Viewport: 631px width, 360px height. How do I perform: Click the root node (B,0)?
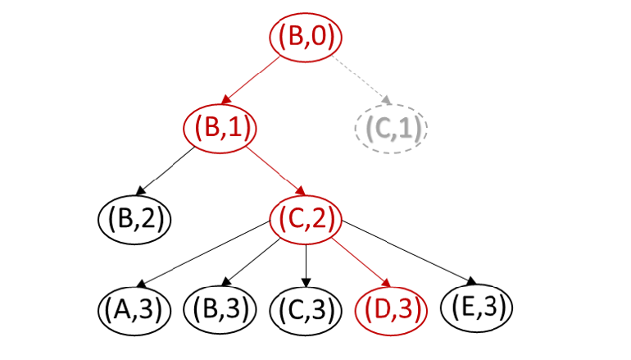coord(306,37)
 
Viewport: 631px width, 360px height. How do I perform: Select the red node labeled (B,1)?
coord(220,128)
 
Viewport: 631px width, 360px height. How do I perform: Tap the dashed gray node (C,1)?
coord(391,129)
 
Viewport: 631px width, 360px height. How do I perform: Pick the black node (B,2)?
coord(134,220)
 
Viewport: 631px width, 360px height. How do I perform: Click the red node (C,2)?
coord(306,220)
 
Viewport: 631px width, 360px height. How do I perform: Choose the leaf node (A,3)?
coord(134,311)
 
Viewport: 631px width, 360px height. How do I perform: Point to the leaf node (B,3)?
coord(220,311)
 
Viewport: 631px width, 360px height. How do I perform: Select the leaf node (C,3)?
coord(306,311)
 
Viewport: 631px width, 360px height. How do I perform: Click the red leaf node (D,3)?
coord(391,311)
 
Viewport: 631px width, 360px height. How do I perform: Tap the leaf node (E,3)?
coord(476,308)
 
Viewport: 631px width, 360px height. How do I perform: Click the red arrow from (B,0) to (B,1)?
coord(251,80)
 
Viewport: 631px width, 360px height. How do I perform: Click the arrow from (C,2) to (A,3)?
coord(203,254)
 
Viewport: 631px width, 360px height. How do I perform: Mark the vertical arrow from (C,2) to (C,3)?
coord(306,266)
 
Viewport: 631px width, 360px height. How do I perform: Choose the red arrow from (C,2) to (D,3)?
coord(361,262)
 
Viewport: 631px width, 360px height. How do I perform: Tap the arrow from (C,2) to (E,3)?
coord(409,253)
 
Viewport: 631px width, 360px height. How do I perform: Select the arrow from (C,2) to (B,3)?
coord(251,262)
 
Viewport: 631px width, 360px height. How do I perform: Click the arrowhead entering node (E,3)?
coord(472,280)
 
